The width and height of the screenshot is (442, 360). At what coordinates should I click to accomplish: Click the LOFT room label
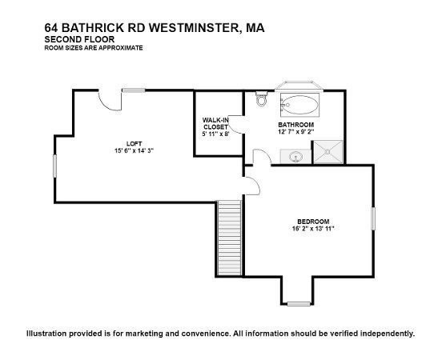tap(135, 144)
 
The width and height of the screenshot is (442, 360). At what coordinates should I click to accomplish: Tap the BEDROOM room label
tap(313, 222)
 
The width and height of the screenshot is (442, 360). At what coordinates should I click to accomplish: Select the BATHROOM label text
tap(295, 125)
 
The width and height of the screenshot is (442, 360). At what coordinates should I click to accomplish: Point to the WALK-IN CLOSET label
tap(215, 123)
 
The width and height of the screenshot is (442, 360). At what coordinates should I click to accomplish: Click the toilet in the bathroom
tap(261, 98)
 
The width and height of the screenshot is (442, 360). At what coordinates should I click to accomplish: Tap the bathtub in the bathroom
tap(300, 105)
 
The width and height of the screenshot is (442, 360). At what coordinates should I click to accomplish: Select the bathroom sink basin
tap(295, 156)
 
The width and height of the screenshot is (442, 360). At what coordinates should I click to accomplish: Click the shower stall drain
tap(327, 152)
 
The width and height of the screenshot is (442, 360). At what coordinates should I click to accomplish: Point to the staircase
tap(229, 238)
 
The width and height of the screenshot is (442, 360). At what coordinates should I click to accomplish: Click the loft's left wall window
tap(55, 166)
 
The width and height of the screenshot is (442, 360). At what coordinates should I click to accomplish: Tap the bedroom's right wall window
tap(373, 218)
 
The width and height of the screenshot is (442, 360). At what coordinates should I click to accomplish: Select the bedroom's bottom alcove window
tap(299, 304)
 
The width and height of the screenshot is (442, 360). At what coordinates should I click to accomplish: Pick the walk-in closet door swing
tap(236, 125)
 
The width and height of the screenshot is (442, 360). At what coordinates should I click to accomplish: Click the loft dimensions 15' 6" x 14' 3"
tap(134, 150)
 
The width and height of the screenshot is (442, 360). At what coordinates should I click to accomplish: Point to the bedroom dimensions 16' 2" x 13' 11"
tap(313, 229)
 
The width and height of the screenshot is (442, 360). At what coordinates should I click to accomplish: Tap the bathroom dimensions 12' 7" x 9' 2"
tap(295, 131)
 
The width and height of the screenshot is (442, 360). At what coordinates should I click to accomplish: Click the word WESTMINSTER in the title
tap(195, 28)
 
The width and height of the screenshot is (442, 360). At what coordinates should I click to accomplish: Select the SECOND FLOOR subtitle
tap(79, 39)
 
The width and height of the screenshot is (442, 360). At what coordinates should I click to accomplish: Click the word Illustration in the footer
tap(47, 334)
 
